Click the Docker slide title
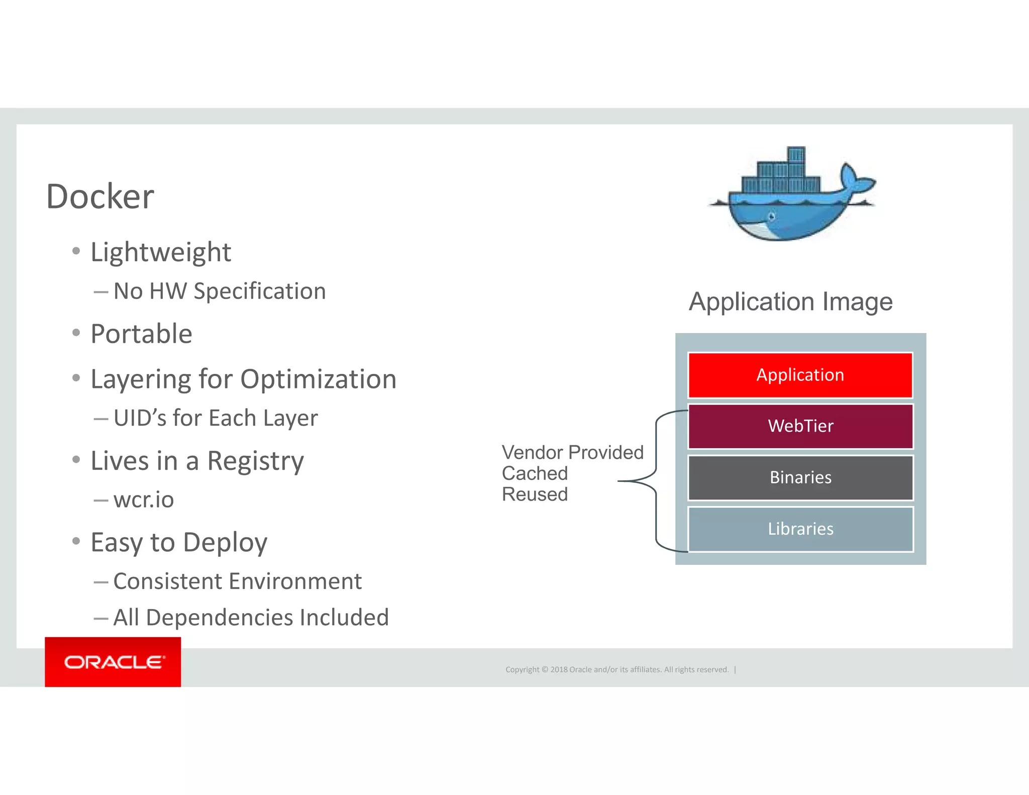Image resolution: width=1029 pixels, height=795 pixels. click(100, 196)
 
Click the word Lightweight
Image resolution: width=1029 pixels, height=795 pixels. click(161, 252)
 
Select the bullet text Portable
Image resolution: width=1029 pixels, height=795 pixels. click(141, 334)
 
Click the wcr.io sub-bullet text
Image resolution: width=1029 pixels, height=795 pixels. click(144, 500)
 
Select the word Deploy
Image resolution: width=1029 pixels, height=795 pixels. click(225, 543)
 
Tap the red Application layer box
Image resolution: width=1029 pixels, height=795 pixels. click(800, 375)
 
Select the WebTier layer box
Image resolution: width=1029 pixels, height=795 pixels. click(800, 426)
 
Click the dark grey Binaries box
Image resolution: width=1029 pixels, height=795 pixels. click(800, 477)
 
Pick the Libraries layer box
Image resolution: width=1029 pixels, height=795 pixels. click(800, 529)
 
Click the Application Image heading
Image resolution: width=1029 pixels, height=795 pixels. click(790, 302)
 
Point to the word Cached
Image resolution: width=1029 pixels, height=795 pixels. click(535, 473)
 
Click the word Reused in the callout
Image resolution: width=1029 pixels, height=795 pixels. click(535, 494)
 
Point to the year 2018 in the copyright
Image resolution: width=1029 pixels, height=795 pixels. click(559, 669)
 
